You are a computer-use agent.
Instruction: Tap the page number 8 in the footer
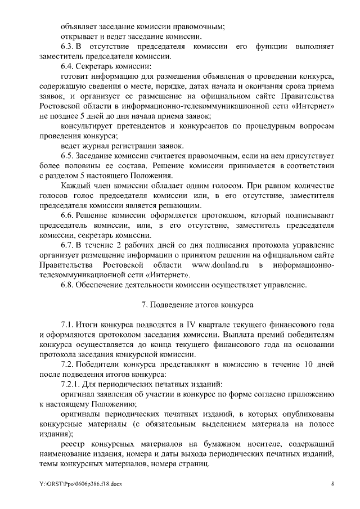(x=332, y=484)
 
